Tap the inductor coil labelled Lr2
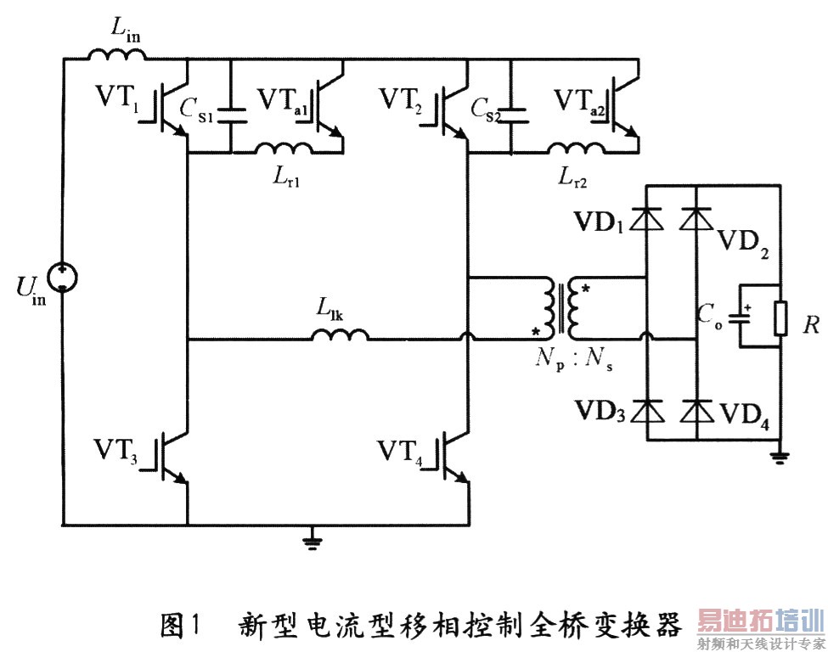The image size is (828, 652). point(574,149)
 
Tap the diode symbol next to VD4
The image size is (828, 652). point(697,413)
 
